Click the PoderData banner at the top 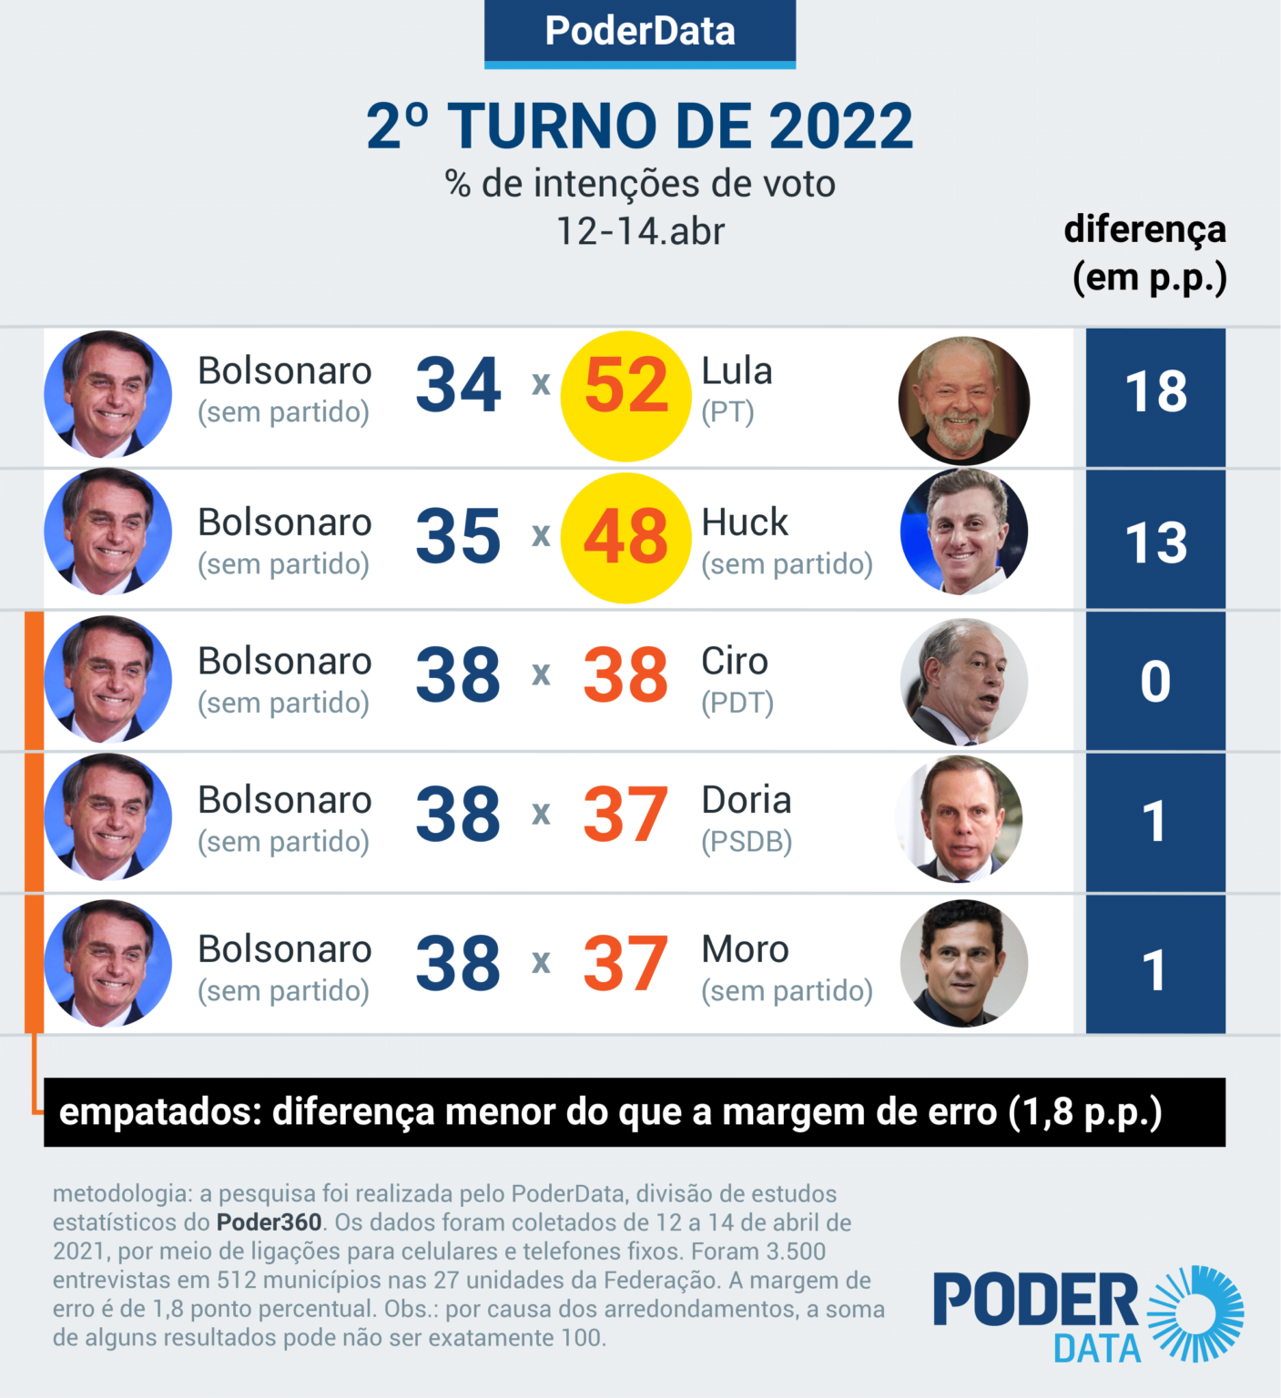[639, 32]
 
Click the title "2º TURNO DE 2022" [639, 126]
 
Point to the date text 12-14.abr [640, 231]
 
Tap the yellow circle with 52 [625, 396]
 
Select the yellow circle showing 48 [625, 537]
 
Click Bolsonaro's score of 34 [458, 385]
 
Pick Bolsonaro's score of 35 [458, 536]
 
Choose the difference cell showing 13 [1155, 541]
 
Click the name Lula [737, 371]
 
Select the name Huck [745, 522]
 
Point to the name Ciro [735, 662]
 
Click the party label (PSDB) [747, 842]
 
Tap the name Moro [745, 949]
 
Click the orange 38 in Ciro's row [625, 675]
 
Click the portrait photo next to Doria [962, 819]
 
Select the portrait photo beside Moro [963, 963]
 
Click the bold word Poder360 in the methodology [269, 1222]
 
